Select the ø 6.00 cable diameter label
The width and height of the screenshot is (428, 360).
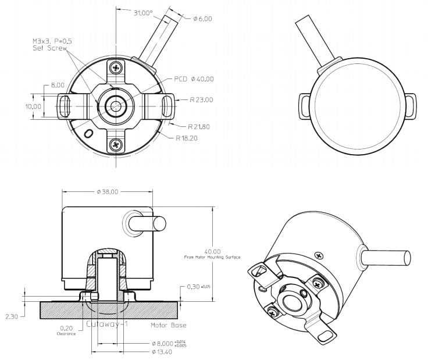pos(202,19)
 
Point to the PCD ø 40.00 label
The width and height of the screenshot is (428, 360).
pos(194,79)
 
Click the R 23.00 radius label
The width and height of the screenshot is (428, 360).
pos(201,100)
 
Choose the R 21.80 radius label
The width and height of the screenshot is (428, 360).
pos(199,126)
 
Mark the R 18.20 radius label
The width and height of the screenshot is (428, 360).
pos(187,138)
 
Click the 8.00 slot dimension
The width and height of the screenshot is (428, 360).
pos(58,85)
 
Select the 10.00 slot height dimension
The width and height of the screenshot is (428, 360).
pos(33,106)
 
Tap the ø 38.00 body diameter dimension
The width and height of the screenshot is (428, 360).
pos(108,191)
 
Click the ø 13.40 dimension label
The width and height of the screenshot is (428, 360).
pos(162,352)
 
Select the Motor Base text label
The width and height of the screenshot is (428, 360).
pos(167,325)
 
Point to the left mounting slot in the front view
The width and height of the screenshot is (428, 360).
pos(65,106)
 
